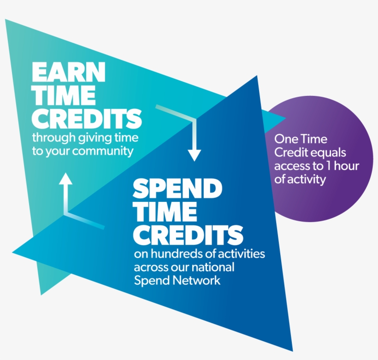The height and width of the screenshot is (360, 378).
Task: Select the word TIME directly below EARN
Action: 64,95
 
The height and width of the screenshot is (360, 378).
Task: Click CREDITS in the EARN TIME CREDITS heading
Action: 87,118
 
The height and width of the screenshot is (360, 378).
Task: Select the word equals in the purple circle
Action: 329,152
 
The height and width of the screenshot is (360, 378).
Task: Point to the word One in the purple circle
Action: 285,138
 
